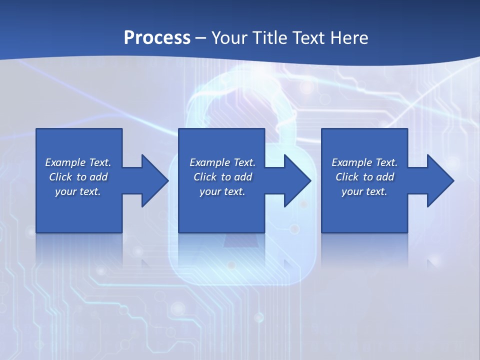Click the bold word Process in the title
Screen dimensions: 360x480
click(157, 38)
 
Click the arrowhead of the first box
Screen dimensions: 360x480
click(154, 180)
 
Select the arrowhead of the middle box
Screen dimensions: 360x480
click(297, 180)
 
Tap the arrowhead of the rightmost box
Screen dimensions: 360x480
click(440, 180)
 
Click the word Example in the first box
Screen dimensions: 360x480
click(66, 162)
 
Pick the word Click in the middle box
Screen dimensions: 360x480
click(205, 177)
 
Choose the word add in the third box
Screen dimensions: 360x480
click(385, 177)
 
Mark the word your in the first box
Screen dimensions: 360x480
click(66, 191)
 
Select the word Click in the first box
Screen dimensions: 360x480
click(60, 177)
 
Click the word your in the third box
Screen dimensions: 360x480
click(352, 191)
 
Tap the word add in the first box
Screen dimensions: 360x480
click(98, 177)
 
